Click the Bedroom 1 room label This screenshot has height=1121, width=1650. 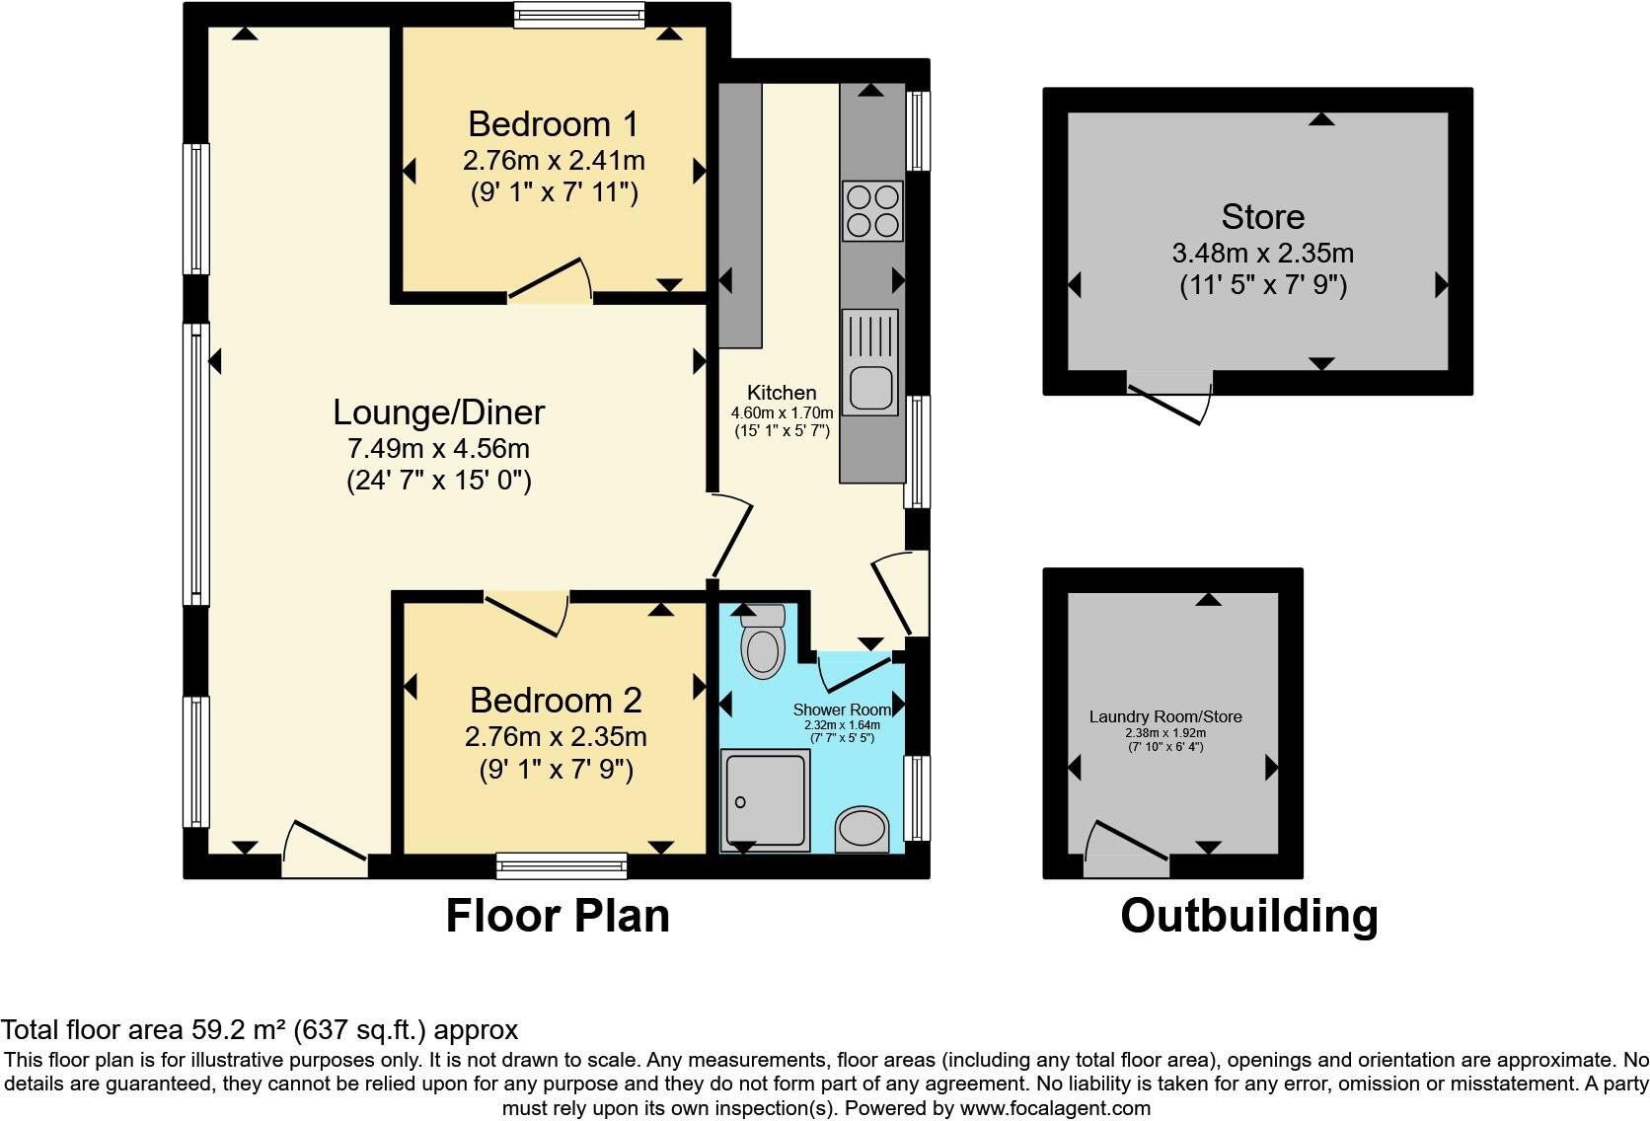(553, 124)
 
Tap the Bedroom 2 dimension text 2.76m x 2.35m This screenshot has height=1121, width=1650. (556, 737)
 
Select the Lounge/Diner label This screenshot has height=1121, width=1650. (438, 412)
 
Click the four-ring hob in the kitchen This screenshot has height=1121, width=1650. (871, 210)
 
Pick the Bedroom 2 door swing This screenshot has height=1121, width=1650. (527, 611)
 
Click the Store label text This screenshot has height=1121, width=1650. (1262, 217)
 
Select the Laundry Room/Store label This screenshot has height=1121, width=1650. (1165, 716)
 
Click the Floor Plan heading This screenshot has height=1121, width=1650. (558, 916)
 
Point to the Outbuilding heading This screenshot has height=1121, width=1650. (1248, 916)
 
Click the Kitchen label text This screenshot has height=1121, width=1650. (782, 393)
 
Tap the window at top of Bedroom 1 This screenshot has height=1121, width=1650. (579, 13)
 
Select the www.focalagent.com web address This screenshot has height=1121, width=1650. (1054, 1108)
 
